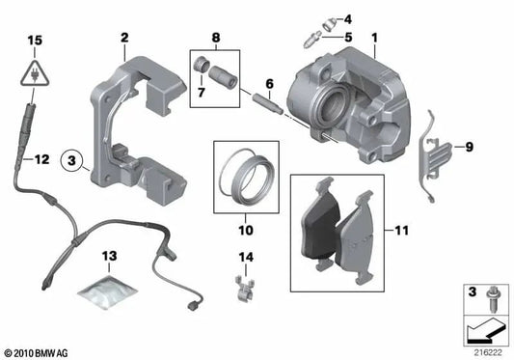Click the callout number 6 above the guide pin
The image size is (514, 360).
(x=269, y=84)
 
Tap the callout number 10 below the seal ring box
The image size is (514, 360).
(x=245, y=231)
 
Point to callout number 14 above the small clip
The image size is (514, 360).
(x=245, y=257)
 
